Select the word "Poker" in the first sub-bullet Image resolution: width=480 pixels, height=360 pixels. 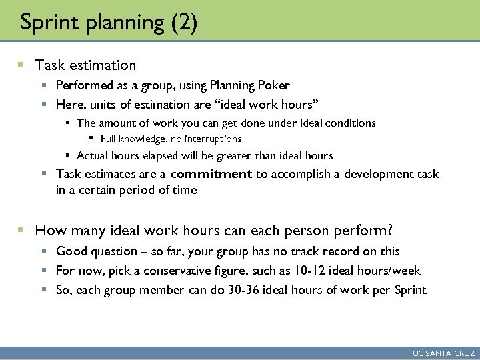pyautogui.click(x=275, y=85)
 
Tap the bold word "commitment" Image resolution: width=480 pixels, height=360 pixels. pyautogui.click(x=211, y=174)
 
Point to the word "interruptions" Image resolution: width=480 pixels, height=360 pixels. pyautogui.click(x=212, y=139)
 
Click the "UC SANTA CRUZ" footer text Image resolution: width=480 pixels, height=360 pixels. pyautogui.click(x=444, y=353)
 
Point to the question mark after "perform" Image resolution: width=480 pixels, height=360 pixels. pyautogui.click(x=389, y=231)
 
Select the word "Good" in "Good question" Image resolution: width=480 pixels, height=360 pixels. pyautogui.click(x=71, y=251)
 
